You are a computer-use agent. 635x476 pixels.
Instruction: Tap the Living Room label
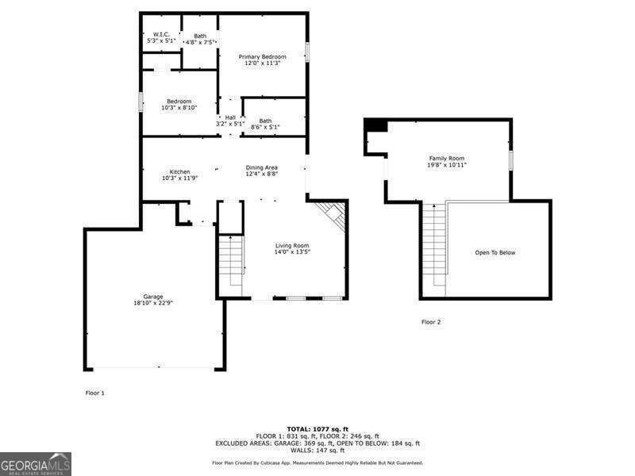point(292,246)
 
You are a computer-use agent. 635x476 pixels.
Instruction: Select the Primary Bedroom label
point(263,57)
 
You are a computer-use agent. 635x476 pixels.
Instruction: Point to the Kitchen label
point(179,172)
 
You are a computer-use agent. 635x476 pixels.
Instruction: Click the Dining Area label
point(261,167)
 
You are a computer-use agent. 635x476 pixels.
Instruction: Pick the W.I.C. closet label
point(161,34)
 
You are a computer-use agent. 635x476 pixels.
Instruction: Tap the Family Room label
point(445,159)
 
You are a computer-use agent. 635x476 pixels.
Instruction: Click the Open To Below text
point(495,253)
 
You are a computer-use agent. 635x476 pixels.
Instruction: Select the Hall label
point(230,117)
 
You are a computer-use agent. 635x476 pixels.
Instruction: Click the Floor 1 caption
point(94,393)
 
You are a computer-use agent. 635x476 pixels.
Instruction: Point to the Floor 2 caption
point(430,322)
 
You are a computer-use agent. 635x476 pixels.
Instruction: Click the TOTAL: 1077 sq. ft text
point(317,428)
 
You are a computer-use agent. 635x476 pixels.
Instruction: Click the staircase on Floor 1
point(231,262)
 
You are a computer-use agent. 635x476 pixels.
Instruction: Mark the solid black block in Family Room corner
point(375,125)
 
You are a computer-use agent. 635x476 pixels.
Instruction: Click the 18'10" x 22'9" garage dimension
point(154,303)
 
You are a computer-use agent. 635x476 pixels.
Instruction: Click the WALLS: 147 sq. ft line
point(317,451)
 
